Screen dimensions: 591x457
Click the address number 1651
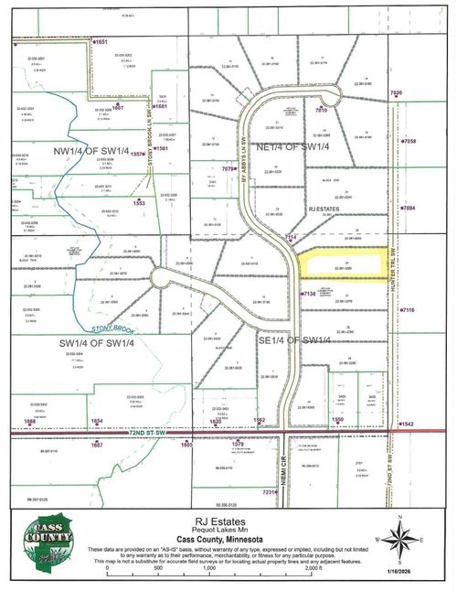point(101,42)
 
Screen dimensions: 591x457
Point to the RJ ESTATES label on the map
point(324,210)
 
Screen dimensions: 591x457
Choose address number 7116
point(408,311)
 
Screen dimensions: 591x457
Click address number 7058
point(409,142)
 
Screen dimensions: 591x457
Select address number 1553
point(140,203)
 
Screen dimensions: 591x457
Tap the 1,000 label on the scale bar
point(208,568)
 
